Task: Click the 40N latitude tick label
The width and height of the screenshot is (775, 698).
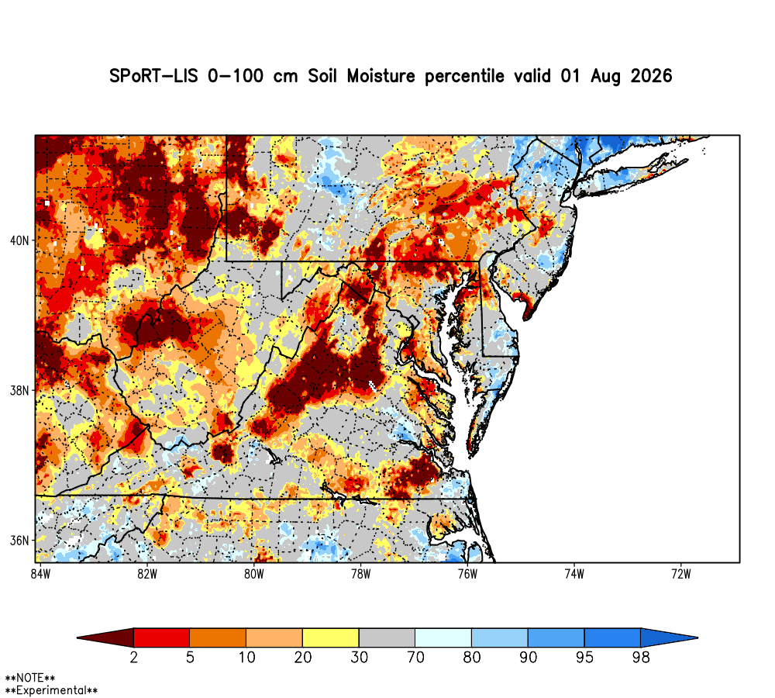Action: pyautogui.click(x=20, y=241)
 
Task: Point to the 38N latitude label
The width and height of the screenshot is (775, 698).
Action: pyautogui.click(x=20, y=391)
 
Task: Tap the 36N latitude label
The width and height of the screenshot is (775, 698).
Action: pyautogui.click(x=20, y=541)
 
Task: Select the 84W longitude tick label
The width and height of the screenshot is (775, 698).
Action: pyautogui.click(x=40, y=574)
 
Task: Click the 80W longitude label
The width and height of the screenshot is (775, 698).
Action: pyautogui.click(x=254, y=574)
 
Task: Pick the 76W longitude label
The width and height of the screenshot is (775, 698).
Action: pyautogui.click(x=467, y=574)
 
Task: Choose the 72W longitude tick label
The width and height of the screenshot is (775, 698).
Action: pyautogui.click(x=681, y=574)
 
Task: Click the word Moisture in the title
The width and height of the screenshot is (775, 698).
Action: pyautogui.click(x=381, y=76)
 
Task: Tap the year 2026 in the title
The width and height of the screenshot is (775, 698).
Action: pyautogui.click(x=652, y=76)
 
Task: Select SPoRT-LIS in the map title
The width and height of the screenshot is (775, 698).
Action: pyautogui.click(x=153, y=76)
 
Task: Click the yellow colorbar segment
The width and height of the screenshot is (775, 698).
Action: pyautogui.click(x=331, y=638)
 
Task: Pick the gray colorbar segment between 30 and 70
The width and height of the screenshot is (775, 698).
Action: pyautogui.click(x=387, y=638)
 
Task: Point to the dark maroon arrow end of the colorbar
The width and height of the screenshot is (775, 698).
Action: pyautogui.click(x=105, y=638)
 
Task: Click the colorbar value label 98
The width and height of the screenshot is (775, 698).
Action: pyautogui.click(x=641, y=658)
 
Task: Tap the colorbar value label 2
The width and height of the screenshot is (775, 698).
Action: pyautogui.click(x=133, y=658)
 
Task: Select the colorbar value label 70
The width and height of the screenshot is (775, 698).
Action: pyautogui.click(x=415, y=658)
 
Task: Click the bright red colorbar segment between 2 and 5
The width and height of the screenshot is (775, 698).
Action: pyautogui.click(x=162, y=638)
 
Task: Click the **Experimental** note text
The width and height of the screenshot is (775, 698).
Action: pyautogui.click(x=51, y=690)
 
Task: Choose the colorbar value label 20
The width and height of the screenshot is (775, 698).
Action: pyautogui.click(x=302, y=658)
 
